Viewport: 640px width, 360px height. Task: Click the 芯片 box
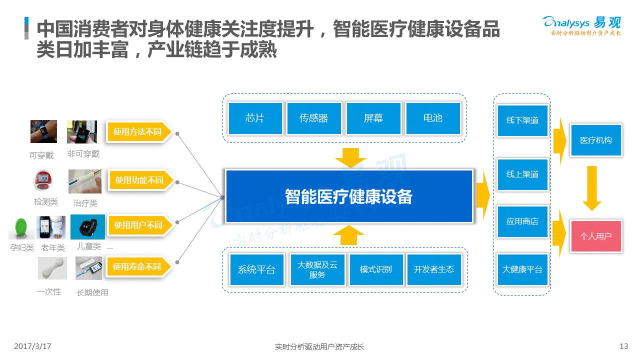(x=255, y=118)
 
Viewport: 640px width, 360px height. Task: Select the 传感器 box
(x=314, y=118)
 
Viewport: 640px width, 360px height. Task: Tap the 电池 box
(x=432, y=118)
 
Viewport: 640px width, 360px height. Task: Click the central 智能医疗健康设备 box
(x=349, y=196)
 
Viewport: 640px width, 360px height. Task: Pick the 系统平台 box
(x=256, y=269)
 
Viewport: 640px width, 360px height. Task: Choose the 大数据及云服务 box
(x=317, y=269)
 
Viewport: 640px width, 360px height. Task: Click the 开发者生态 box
(x=434, y=269)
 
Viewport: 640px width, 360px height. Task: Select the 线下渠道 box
(x=522, y=120)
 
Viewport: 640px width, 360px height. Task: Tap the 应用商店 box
(x=522, y=221)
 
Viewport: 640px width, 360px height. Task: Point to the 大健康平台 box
(x=522, y=269)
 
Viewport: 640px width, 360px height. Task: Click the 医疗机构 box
(x=596, y=140)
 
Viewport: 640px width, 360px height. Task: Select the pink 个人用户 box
(x=596, y=236)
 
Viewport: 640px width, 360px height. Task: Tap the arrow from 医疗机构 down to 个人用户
(x=592, y=188)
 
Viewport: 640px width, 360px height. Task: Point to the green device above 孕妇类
(x=21, y=227)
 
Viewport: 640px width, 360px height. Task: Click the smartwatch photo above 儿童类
(x=87, y=227)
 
